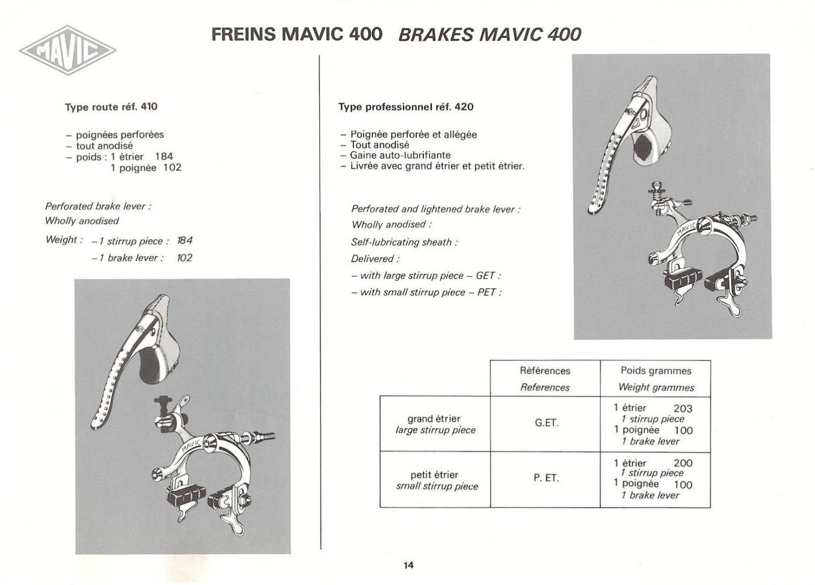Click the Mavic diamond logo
pos(67,50)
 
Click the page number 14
pos(408,565)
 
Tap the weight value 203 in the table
pos(683,408)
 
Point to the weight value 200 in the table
pos(683,463)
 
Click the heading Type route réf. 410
pos(111,107)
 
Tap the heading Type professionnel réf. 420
pos(405,107)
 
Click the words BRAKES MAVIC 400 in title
pos(489,35)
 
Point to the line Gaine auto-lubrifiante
pos(400,155)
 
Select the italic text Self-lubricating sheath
pos(403,243)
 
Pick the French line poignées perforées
pos(120,135)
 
